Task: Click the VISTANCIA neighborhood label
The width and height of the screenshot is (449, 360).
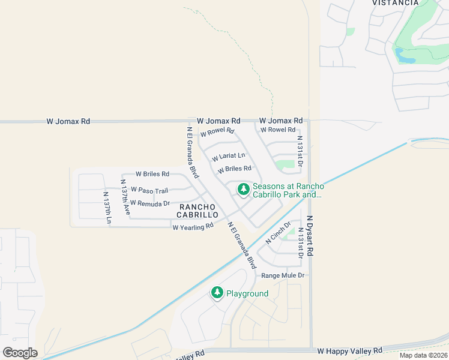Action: coord(395,3)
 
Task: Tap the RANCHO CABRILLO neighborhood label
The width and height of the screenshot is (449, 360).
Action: coord(197,211)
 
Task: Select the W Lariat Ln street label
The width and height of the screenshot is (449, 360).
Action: coord(228,157)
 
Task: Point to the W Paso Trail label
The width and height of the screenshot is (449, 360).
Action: coord(149,190)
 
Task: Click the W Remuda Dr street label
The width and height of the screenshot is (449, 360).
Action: coord(150,203)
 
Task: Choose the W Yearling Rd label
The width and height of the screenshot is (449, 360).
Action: coord(193,227)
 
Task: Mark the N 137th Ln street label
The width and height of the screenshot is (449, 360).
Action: coord(107,208)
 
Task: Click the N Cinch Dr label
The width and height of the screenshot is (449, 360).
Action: coord(278,233)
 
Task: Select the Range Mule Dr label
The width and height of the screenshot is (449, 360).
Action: coord(284,275)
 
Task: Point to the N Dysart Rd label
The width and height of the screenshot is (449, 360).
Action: coord(310,236)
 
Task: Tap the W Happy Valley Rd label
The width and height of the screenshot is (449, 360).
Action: coord(350,350)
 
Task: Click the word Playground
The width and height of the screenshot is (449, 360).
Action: coord(247,293)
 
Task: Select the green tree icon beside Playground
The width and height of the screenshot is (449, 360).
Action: coord(217,293)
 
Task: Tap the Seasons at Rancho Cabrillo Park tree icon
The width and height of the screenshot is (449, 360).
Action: coord(243,190)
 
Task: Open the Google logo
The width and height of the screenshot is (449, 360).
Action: coord(20,352)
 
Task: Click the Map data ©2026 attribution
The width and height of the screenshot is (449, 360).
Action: coord(423,355)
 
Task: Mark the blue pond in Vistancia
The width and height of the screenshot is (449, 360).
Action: coord(405,56)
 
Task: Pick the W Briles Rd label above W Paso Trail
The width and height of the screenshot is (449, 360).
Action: coord(152,174)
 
